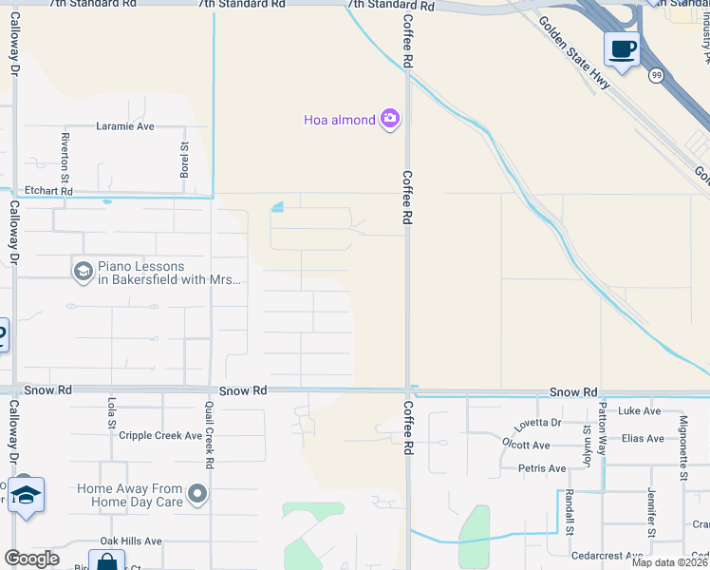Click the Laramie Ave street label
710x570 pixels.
pos(124,125)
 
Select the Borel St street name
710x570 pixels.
pos(185,151)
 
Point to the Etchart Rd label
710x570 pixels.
pos(48,191)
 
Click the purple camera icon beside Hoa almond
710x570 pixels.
pos(389,119)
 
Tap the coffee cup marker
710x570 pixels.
pos(622,48)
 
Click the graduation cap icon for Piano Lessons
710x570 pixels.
pos(83,273)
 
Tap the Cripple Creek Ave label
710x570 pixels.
pos(160,436)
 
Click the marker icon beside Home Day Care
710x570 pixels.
pos(197,493)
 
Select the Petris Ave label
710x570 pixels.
pos(542,468)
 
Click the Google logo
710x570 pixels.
pos(31,559)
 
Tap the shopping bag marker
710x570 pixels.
pos(106,561)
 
